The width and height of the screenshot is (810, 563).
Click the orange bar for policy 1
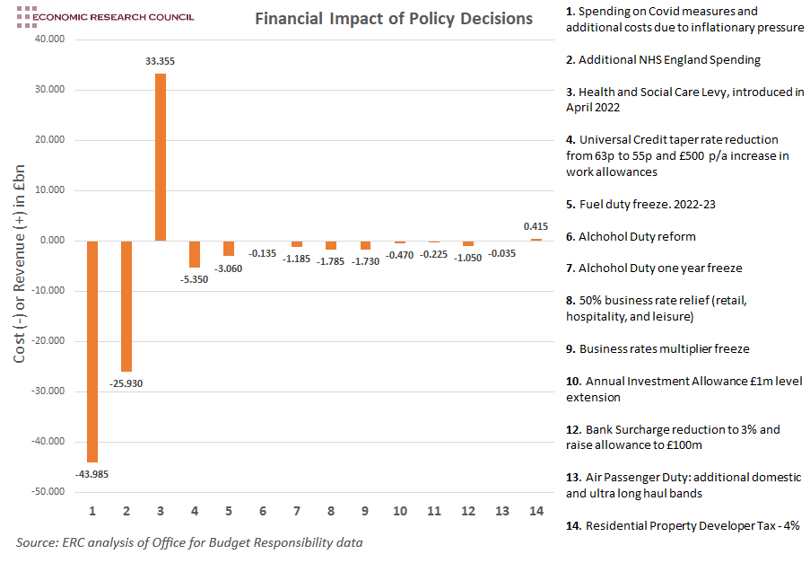click(x=92, y=351)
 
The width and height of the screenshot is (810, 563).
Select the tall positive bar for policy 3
click(x=161, y=157)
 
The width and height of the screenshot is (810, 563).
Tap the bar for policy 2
click(x=126, y=305)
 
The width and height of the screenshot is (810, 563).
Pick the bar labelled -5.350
click(x=195, y=254)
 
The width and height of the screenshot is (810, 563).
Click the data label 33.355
click(x=161, y=61)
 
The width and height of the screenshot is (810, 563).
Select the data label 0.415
click(x=536, y=227)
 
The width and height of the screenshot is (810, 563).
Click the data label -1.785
click(x=331, y=260)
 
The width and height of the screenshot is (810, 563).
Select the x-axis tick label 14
click(x=536, y=511)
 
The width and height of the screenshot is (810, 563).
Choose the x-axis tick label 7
click(x=297, y=511)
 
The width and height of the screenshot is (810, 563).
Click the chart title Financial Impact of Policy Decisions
click(x=394, y=19)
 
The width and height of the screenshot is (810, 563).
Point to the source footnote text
click(x=189, y=542)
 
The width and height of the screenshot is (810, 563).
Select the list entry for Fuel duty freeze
click(x=640, y=204)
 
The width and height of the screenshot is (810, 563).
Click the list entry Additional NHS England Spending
click(x=663, y=59)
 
